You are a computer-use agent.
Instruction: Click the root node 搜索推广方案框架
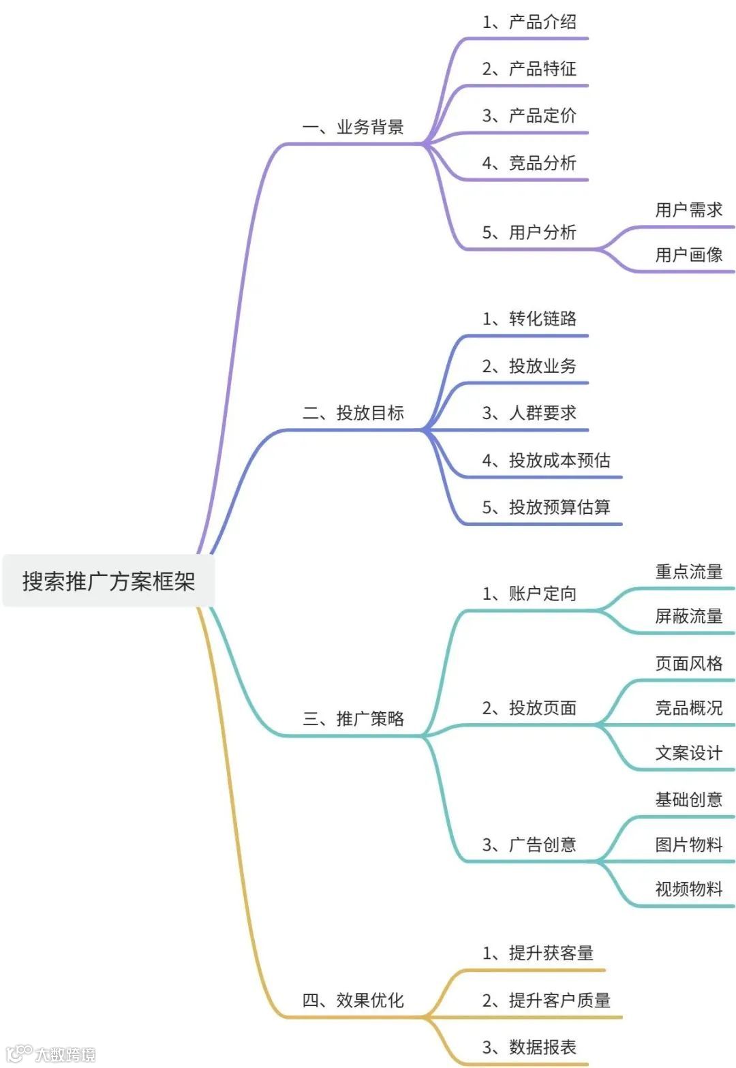click(x=109, y=581)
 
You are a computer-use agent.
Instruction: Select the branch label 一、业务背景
click(x=353, y=127)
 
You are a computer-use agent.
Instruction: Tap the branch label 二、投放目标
click(x=353, y=413)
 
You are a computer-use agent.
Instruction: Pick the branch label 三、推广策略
click(x=353, y=718)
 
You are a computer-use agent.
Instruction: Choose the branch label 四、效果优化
click(x=353, y=1001)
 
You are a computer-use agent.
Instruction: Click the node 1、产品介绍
click(x=530, y=22)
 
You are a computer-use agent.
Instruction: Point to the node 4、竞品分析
click(x=530, y=163)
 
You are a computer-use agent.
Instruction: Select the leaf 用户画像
click(x=688, y=255)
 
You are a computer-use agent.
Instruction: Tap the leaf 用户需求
click(x=688, y=210)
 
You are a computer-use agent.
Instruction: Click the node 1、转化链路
click(x=530, y=319)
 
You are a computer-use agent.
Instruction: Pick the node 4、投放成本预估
click(x=546, y=461)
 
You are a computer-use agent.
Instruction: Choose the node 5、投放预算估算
click(x=546, y=507)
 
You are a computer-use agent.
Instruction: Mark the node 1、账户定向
click(x=530, y=594)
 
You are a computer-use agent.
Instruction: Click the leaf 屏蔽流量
click(x=688, y=616)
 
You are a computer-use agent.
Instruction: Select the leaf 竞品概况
click(x=688, y=708)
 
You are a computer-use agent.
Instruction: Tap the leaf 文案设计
click(x=688, y=753)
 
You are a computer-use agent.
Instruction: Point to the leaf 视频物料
click(x=688, y=889)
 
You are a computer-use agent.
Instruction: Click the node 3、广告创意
click(x=530, y=845)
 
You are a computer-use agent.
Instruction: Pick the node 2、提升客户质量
click(x=546, y=1001)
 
